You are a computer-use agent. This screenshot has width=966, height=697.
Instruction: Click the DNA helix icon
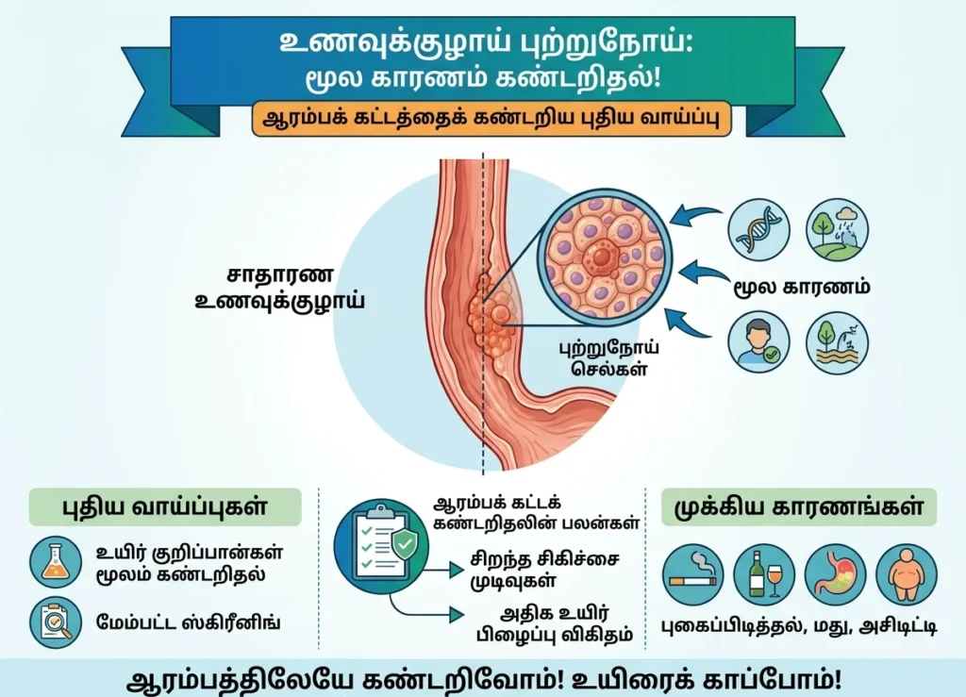pyautogui.click(x=758, y=230)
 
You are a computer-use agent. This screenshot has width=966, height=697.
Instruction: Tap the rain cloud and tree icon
pyautogui.click(x=837, y=230)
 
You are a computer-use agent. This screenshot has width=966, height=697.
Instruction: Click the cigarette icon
pyautogui.click(x=693, y=575)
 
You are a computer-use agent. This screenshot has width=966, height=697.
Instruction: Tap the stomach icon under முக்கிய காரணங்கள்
pyautogui.click(x=835, y=575)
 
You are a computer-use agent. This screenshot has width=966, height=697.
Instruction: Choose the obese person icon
pyautogui.click(x=906, y=575)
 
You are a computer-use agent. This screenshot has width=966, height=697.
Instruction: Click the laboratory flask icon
pyautogui.click(x=57, y=561)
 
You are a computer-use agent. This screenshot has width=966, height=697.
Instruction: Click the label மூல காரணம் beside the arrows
pyautogui.click(x=802, y=286)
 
